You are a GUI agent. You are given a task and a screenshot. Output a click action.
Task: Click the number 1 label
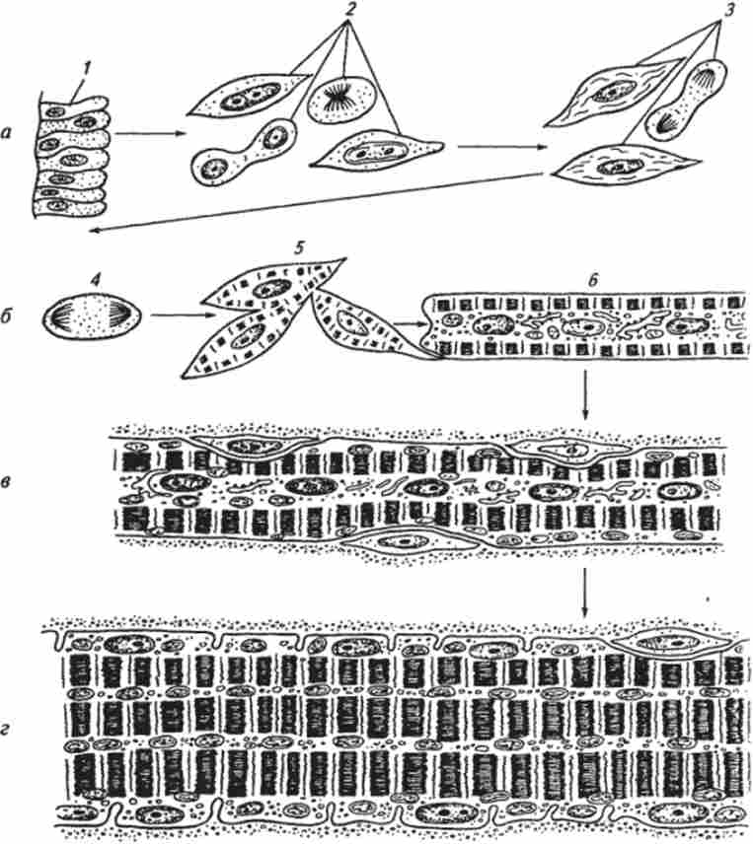tap(88, 69)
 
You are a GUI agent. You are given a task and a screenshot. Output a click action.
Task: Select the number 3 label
tap(727, 11)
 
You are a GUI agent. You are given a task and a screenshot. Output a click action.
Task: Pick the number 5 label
tap(299, 248)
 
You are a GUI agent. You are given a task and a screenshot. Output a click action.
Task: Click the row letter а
tap(7, 132)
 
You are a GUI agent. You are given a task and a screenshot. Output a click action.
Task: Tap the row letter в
tap(7, 481)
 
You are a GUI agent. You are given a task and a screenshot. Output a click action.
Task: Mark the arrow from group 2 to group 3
tap(501, 147)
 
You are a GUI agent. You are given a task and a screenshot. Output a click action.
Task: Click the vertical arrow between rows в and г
tap(585, 594)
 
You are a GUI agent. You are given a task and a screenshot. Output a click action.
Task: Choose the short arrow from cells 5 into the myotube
tap(410, 323)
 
